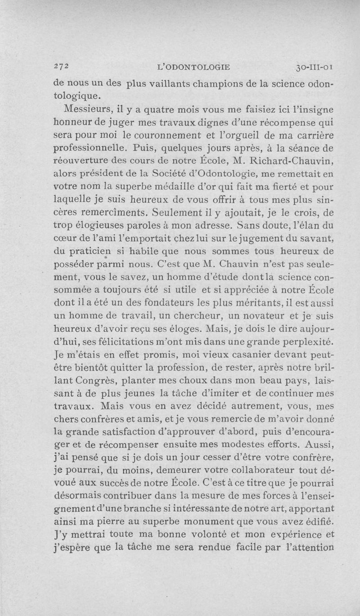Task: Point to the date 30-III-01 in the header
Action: [315, 67]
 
